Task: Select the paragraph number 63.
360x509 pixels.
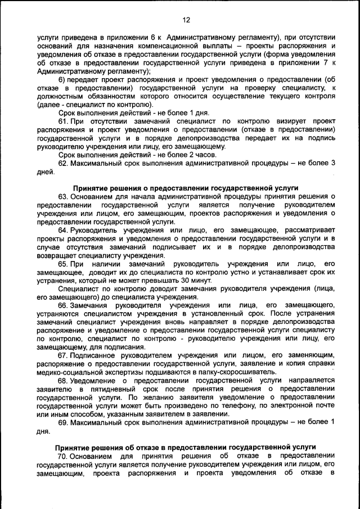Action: [63, 196]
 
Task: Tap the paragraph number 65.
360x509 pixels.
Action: [63, 264]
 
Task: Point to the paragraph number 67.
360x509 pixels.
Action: [63, 355]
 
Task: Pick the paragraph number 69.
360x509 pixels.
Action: [63, 422]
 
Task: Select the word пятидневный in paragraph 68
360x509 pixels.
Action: [101, 389]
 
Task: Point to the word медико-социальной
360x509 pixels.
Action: [69, 372]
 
